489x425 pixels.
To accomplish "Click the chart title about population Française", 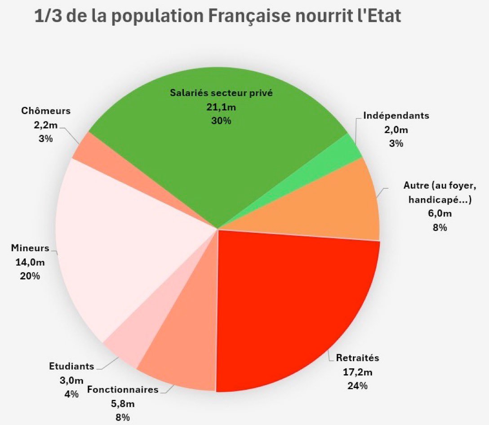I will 218,17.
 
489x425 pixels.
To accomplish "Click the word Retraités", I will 358,358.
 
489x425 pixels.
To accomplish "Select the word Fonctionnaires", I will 122,390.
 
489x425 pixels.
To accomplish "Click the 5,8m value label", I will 122,403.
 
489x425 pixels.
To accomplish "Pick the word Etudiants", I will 71,366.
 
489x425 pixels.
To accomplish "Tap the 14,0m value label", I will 30,262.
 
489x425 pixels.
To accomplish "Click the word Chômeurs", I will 45,111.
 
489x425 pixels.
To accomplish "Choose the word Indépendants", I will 396,115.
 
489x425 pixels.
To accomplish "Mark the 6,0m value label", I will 440,214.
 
